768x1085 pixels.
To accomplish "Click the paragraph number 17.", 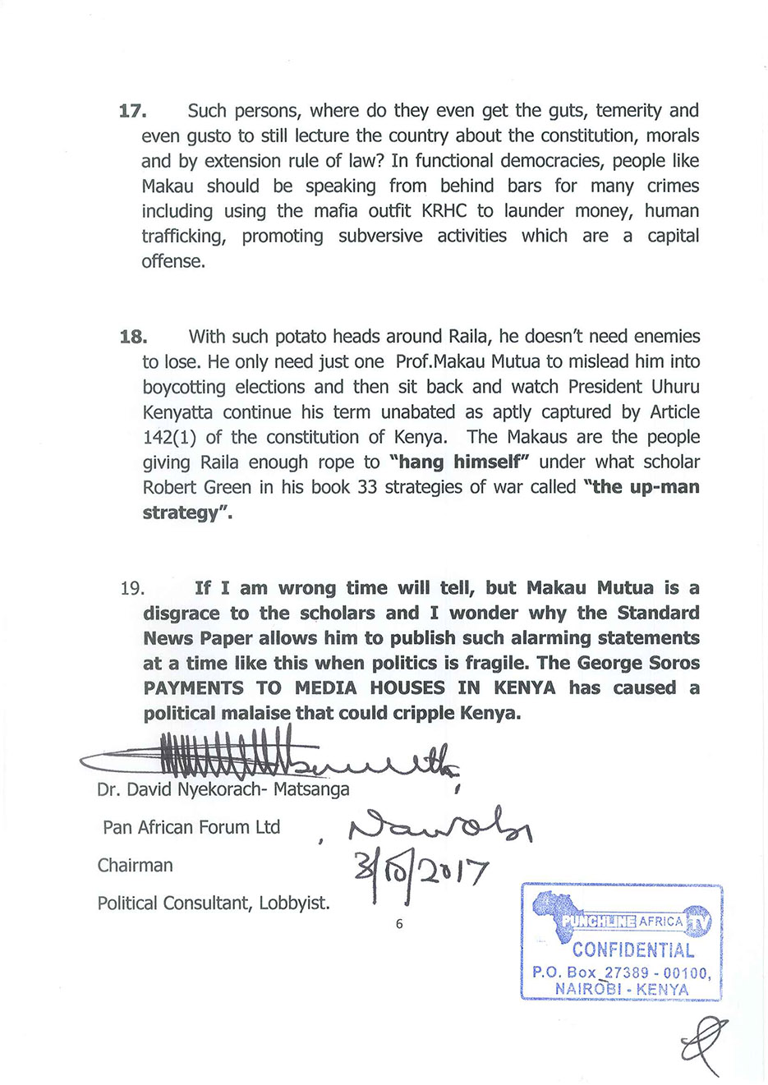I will (x=132, y=111).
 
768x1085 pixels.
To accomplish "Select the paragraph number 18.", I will (x=133, y=337).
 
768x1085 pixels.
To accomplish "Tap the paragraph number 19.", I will (x=132, y=588).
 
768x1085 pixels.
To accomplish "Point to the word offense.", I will (x=173, y=261).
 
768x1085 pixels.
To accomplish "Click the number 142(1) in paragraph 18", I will (x=170, y=437).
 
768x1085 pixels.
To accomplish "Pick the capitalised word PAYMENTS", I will (x=193, y=688).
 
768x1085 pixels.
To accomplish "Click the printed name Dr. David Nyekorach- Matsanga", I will (x=223, y=789).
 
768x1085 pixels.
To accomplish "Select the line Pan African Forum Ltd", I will (x=191, y=827).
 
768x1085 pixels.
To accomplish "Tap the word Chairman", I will (x=135, y=865).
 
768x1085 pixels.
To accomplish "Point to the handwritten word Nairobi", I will (x=440, y=822).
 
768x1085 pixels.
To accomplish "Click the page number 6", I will (x=399, y=924).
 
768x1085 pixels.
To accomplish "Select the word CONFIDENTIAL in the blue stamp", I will (x=632, y=950).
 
